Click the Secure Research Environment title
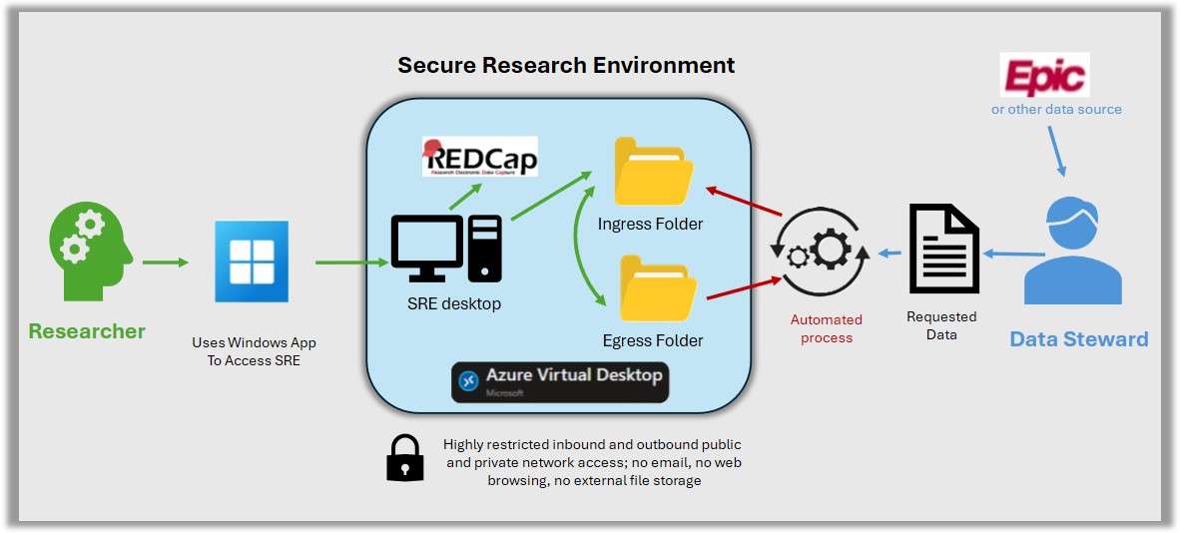[x=566, y=66]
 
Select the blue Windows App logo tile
[x=252, y=262]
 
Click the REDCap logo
[x=479, y=157]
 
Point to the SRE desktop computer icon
[x=446, y=250]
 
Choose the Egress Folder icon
[x=653, y=289]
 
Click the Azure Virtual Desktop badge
[x=559, y=381]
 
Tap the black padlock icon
[x=404, y=459]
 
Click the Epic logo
[x=1044, y=75]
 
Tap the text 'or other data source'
[x=1056, y=109]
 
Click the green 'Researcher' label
[x=87, y=331]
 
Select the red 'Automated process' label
[x=827, y=328]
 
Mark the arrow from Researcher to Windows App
[x=165, y=263]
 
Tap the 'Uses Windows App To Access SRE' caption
[x=254, y=351]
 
